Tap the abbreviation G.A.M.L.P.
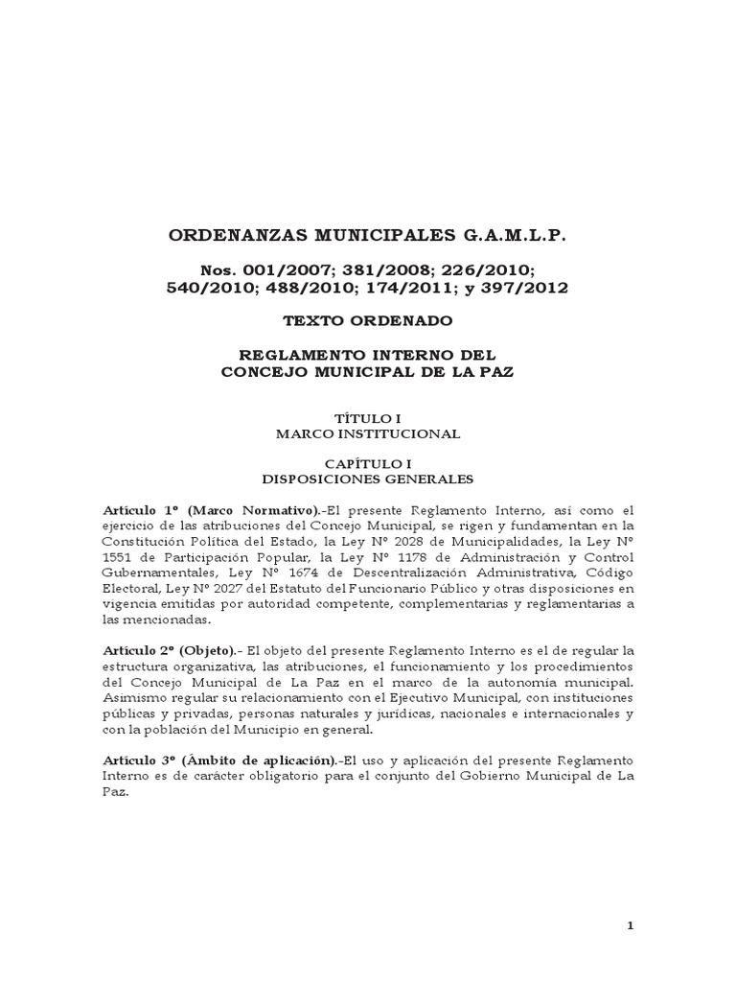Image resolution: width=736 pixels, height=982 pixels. coord(518,235)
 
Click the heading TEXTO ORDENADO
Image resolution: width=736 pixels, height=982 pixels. coord(367,321)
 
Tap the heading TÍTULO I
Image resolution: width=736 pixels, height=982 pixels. coord(367,418)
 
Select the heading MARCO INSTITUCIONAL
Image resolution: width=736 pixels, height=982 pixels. coord(367,433)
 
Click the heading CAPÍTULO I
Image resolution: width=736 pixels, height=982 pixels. coord(367,462)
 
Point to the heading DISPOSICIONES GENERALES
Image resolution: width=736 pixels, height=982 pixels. coord(367,478)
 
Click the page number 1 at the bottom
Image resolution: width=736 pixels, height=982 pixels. coord(630,925)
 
